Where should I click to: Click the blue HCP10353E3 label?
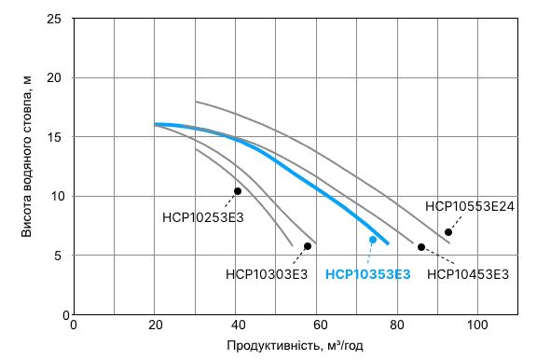(x=367, y=274)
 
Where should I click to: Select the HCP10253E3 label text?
(x=202, y=218)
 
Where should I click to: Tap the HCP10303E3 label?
(x=267, y=274)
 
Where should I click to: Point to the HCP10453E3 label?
(x=468, y=274)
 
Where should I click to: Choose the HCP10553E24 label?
(x=470, y=206)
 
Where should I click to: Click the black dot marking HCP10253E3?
(x=238, y=191)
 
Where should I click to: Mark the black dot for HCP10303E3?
(x=308, y=246)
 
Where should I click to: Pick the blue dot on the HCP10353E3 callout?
(x=373, y=240)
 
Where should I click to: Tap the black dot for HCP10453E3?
(x=421, y=247)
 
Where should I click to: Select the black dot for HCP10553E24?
(x=448, y=232)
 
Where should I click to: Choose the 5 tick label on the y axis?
(x=58, y=256)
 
